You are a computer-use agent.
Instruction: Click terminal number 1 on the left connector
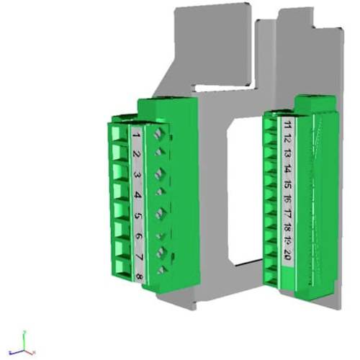[136, 134]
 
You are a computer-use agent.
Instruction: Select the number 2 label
[137, 154]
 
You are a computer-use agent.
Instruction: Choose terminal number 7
[140, 256]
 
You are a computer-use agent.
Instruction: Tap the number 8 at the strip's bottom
[140, 274]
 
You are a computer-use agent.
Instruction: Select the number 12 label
[287, 140]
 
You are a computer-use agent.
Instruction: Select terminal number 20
[287, 256]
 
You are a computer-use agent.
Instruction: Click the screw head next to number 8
[162, 269]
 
